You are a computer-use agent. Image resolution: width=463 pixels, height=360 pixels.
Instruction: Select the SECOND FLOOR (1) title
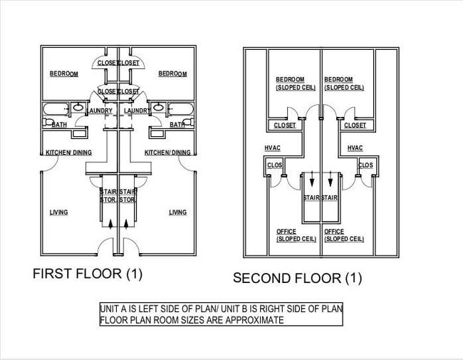pos(298,278)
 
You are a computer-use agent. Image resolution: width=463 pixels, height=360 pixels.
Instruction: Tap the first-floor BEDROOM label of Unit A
pos(64,74)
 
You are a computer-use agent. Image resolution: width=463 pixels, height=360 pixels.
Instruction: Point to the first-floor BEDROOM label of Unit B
pos(172,74)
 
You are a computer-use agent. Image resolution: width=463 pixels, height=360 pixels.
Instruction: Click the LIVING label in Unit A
pos(58,212)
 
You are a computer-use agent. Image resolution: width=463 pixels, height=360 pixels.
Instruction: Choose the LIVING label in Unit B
pos(177,212)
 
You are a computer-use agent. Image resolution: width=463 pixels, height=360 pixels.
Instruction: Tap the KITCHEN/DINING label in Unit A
pos(68,153)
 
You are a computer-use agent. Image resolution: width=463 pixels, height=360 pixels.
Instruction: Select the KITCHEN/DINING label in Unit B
pos(167,153)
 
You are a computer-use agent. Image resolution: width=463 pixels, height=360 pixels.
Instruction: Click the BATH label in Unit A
pos(58,125)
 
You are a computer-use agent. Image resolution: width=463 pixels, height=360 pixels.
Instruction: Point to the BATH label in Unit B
pos(177,125)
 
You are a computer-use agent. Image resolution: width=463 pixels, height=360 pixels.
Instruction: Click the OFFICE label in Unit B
pos(334,232)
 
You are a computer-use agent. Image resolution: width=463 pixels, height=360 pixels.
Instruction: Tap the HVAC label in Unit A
pos(273,148)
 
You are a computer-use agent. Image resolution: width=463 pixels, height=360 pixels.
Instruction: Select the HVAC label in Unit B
pos(355,148)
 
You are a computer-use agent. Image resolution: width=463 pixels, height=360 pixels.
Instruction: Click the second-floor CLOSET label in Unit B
pos(355,125)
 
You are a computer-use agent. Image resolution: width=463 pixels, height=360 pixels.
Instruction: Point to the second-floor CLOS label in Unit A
pos(275,165)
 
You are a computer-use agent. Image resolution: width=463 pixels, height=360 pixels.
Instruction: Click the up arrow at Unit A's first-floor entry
pos(110,225)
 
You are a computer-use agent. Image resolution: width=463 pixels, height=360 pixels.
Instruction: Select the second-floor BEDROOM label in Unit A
pos(291,79)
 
